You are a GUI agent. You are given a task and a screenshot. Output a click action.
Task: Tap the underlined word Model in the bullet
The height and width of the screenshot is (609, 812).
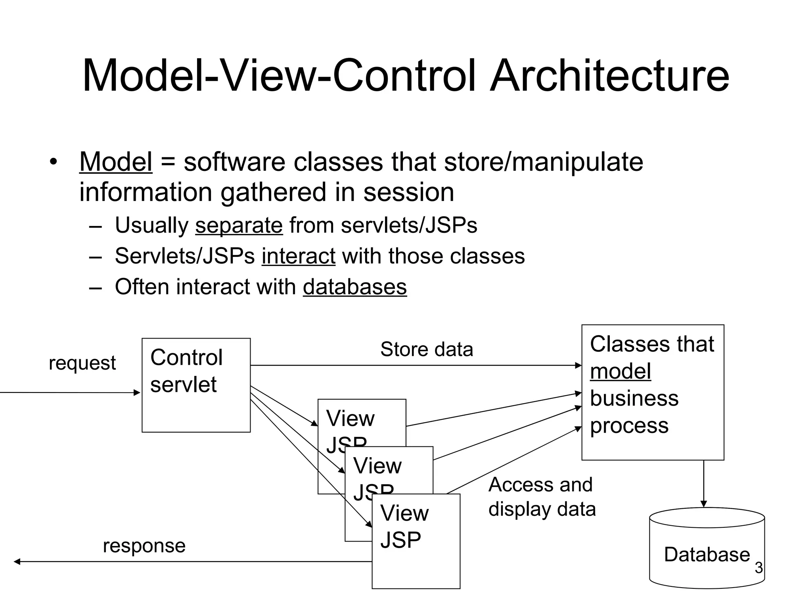[x=116, y=162]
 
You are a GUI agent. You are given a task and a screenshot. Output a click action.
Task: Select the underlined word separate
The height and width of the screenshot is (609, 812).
[x=239, y=225]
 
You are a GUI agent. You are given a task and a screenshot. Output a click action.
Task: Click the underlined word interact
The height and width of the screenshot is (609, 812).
[x=298, y=256]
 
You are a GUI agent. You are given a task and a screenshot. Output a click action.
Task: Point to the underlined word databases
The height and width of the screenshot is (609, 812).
[x=354, y=287]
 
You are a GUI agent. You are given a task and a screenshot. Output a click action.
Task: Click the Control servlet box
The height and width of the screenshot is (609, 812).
[x=196, y=408]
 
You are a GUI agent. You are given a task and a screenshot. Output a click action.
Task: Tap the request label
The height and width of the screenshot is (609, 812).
[x=82, y=363]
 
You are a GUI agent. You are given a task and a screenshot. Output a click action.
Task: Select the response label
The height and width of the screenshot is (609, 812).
[x=144, y=546]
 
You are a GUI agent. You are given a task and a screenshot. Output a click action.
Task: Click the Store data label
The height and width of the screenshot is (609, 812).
[x=427, y=349]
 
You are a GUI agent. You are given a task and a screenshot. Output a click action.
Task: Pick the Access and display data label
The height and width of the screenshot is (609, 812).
[x=542, y=497]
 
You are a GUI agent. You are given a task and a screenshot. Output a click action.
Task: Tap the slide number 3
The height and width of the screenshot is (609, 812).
[x=758, y=568]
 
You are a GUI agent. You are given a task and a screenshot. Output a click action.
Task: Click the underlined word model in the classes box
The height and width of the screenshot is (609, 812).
[x=620, y=372]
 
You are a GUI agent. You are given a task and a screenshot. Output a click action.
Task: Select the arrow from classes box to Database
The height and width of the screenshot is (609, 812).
[x=704, y=484]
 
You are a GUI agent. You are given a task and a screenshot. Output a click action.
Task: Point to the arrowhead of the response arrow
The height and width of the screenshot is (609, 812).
[x=17, y=561]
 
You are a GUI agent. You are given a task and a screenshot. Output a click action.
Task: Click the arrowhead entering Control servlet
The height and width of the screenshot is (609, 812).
[x=137, y=393]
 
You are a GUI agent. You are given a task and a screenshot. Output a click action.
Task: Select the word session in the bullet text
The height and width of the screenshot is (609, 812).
[x=408, y=192]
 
